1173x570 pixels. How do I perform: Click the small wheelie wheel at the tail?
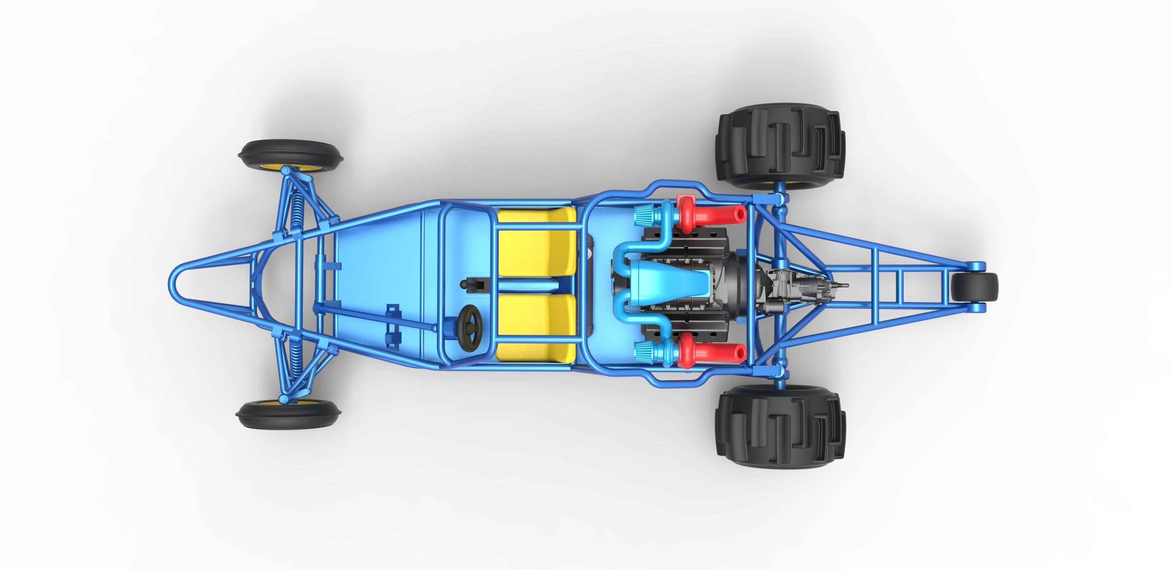(975, 287)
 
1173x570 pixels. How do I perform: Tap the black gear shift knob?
(464, 284)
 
